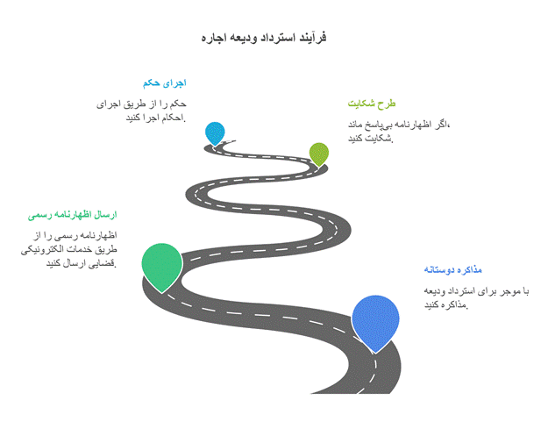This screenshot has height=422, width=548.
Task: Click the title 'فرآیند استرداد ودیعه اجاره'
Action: [x=264, y=38]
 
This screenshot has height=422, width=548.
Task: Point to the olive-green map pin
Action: [x=319, y=154]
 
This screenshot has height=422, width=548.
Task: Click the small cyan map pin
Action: [x=215, y=133]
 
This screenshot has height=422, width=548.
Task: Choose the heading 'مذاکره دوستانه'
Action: [x=453, y=270]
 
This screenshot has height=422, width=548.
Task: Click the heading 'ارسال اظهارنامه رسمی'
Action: [x=73, y=215]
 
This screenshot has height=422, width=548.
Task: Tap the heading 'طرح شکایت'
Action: [x=372, y=104]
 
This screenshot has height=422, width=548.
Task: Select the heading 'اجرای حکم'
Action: [x=165, y=83]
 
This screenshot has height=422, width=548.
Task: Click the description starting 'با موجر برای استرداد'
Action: [x=476, y=298]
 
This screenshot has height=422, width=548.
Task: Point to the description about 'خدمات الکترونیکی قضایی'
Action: [x=69, y=249]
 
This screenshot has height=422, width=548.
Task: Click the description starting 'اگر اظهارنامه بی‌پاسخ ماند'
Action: [x=399, y=131]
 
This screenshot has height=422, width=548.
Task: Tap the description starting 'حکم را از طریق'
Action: [x=141, y=111]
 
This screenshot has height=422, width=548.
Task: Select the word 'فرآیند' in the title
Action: [x=313, y=38]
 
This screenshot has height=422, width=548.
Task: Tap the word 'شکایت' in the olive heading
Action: [x=361, y=104]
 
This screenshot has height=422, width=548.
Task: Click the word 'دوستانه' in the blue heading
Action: [x=438, y=270]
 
